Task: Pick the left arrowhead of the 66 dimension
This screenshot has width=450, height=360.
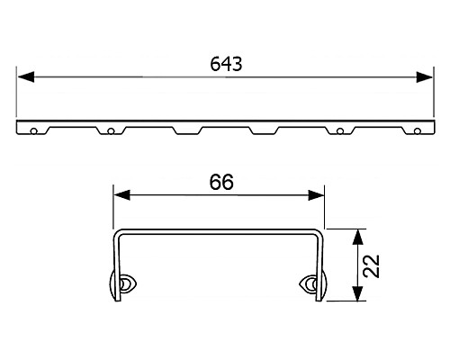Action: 118,194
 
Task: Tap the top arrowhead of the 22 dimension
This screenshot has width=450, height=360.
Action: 359,235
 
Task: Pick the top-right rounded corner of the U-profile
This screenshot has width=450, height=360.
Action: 317,233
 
